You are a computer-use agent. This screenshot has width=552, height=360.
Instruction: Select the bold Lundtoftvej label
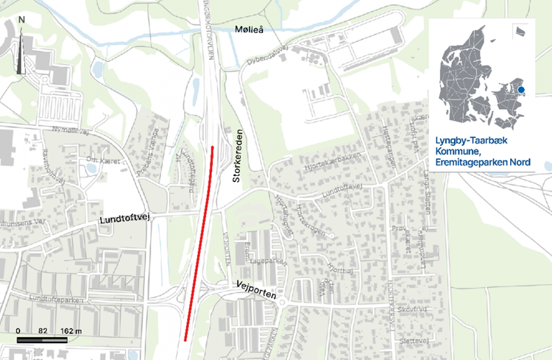point(124,220)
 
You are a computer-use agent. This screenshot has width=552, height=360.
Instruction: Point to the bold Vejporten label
point(256,289)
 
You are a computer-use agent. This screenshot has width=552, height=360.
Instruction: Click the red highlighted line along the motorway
point(199,243)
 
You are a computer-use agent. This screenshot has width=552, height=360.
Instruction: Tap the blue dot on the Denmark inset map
point(521,90)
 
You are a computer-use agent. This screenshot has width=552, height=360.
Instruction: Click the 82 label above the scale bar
point(43,331)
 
